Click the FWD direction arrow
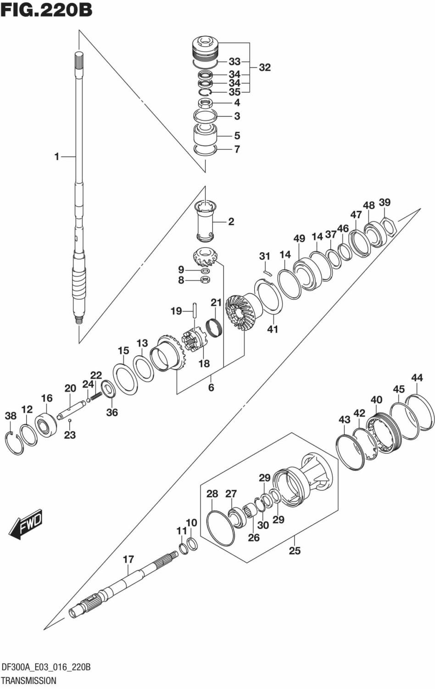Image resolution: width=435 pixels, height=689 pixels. pyautogui.click(x=26, y=524)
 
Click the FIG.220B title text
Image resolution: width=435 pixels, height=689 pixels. pyautogui.click(x=46, y=10)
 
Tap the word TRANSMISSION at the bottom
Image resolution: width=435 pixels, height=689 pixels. pyautogui.click(x=28, y=680)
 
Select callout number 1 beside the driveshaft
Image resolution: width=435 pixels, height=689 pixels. pyautogui.click(x=57, y=157)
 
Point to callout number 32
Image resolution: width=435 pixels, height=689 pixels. pyautogui.click(x=265, y=67)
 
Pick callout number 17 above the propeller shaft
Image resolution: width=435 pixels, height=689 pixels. pyautogui.click(x=128, y=559)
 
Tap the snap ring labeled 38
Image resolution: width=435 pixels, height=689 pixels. pyautogui.click(x=14, y=443)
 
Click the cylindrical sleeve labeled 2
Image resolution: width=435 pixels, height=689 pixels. pyautogui.click(x=205, y=222)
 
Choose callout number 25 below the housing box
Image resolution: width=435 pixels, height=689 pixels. pyautogui.click(x=295, y=550)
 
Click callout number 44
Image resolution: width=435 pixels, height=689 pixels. pyautogui.click(x=417, y=378)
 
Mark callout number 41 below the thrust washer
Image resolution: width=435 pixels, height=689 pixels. pyautogui.click(x=273, y=329)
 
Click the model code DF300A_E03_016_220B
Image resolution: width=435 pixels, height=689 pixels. pyautogui.click(x=46, y=667)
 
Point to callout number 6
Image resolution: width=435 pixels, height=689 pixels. pyautogui.click(x=211, y=387)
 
